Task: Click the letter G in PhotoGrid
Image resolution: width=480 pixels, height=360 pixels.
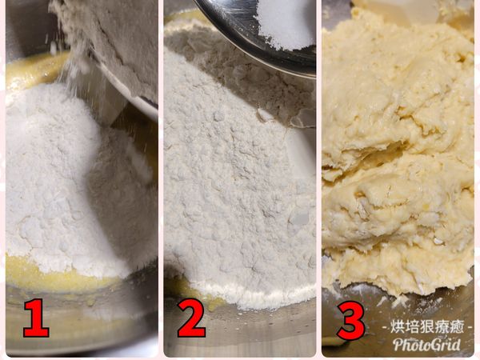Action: [434, 345]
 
